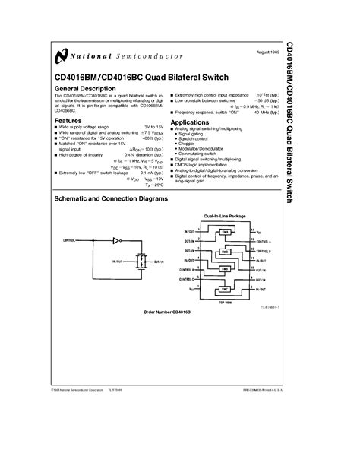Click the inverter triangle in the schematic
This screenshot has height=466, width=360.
(x=115, y=239)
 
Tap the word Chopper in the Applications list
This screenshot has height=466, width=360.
(x=187, y=142)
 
